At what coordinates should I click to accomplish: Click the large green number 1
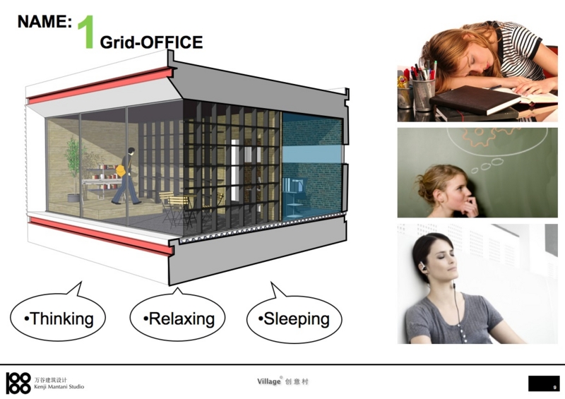tap(86, 32)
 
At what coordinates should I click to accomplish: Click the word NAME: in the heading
tap(44, 22)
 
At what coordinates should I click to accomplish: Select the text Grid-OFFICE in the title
tap(151, 42)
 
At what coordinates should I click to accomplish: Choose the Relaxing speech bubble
tap(177, 317)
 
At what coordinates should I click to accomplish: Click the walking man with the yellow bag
tap(126, 176)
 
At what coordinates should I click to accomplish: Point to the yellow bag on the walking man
tap(121, 170)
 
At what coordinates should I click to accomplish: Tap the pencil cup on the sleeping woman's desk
tap(423, 95)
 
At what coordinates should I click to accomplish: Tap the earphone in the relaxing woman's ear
tap(420, 268)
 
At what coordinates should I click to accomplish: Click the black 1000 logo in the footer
tap(18, 383)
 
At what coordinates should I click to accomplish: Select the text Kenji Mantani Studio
tap(59, 387)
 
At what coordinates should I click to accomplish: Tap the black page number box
tap(544, 383)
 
